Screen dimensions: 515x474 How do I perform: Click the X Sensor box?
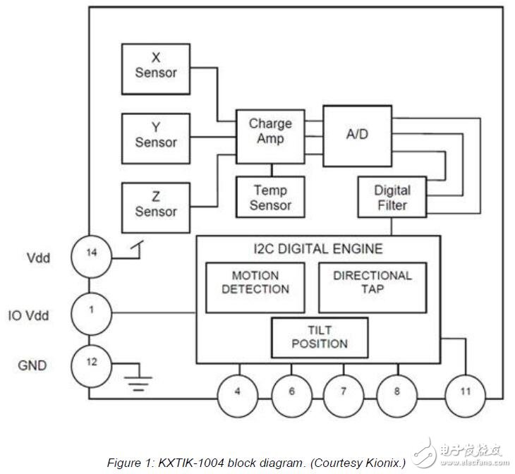156,69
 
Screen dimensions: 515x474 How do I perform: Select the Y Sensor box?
156,138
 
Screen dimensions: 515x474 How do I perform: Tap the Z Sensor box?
156,207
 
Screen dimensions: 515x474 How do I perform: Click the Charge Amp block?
270,137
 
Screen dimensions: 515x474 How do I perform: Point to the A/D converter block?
358,136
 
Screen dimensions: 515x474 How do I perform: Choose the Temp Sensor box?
270,197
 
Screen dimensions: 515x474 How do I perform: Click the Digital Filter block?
392,197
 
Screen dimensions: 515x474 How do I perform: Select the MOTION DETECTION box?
255,287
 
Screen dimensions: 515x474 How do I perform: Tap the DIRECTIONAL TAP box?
372,287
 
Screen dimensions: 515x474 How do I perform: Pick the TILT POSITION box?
320,337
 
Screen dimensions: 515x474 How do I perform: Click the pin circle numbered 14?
91,257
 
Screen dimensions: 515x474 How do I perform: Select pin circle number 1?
91,314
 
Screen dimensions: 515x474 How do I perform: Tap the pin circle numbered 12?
91,366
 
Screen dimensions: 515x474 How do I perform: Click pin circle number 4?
238,396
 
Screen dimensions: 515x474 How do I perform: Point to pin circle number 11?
465,396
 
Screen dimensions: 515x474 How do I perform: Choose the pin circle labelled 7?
344,396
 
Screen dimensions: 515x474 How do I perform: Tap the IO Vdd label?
29,315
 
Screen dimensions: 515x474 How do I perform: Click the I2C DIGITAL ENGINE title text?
318,249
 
